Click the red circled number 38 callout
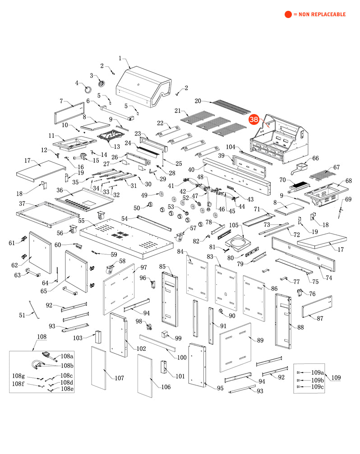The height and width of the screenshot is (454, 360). tap(254, 119)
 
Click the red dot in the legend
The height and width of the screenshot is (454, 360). tap(288, 14)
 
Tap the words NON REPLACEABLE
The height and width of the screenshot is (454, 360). tap(322, 14)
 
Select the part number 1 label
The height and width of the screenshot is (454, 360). tap(120, 58)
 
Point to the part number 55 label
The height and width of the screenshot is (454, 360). tap(81, 220)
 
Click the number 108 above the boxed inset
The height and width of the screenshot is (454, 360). tap(42, 336)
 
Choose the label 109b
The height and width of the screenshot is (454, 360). tap(318, 380)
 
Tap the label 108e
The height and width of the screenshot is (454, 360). tap(67, 389)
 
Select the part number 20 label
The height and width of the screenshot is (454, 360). tap(198, 101)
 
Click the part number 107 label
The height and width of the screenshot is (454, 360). tap(120, 378)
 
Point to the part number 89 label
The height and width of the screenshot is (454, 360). tap(260, 340)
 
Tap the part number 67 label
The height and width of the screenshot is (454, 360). tap(336, 167)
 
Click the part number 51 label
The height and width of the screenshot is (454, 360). tap(22, 315)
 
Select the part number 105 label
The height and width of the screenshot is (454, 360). tap(234, 225)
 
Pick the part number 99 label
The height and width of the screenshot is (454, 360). tap(178, 338)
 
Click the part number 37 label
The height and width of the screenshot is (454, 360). tap(22, 203)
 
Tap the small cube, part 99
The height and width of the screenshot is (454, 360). tap(165, 335)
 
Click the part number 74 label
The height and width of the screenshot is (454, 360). tap(329, 278)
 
